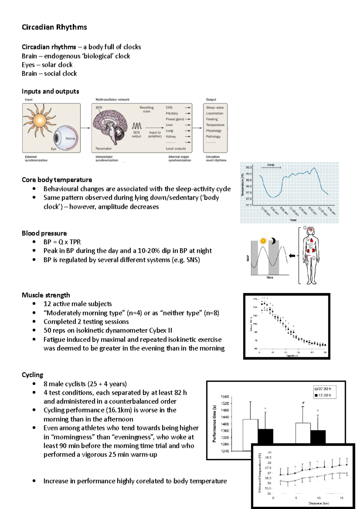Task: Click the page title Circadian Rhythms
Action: pos(54,27)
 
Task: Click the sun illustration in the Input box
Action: pos(39,121)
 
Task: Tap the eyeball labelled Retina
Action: pos(66,138)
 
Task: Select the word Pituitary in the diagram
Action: pos(172,113)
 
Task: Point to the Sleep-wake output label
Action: pos(215,107)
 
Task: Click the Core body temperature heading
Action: pos(57,180)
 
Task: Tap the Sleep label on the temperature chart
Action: pos(271,165)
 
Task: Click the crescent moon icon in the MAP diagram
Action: pos(273,241)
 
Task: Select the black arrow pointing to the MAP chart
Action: pos(292,256)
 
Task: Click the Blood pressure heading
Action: pos(44,233)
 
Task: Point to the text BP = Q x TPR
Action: pos(62,242)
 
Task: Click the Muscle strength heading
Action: pos(46,295)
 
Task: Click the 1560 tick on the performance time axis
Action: pos(225,397)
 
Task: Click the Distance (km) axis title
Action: pos(319,503)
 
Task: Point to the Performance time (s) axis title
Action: pos(214,424)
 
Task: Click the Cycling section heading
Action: pos(32,375)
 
